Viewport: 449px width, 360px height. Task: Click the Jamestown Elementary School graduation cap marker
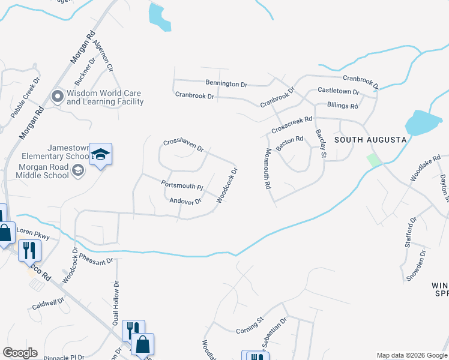pos(100,154)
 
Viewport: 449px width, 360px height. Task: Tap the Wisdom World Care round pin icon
pos(58,97)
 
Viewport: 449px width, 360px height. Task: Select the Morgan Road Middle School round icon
pos(77,172)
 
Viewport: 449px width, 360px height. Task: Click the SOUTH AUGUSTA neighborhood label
pos(370,139)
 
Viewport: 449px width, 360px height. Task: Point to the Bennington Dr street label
pos(226,85)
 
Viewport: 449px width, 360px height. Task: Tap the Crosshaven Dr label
pos(184,145)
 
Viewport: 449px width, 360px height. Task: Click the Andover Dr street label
pos(185,201)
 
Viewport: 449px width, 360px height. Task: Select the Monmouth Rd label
pos(267,170)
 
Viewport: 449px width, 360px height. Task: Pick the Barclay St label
pos(320,144)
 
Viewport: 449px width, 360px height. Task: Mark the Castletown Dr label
pos(338,91)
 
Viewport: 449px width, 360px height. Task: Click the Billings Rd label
pos(343,106)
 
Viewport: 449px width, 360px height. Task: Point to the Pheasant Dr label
pos(96,261)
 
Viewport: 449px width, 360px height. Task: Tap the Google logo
pos(20,353)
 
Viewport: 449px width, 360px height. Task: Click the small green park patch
pos(374,160)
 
